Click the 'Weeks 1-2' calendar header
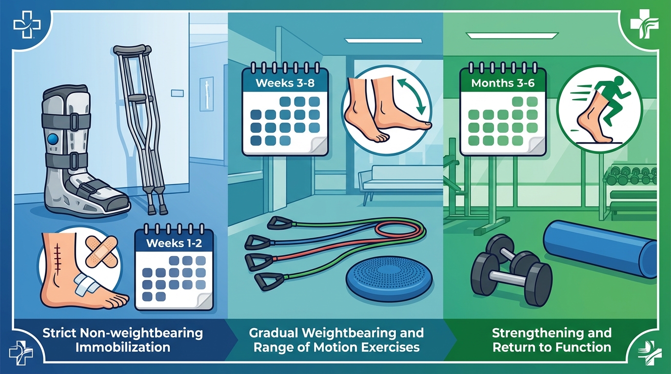click(x=174, y=243)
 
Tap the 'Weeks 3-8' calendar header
click(x=285, y=83)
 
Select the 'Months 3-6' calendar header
click(x=503, y=83)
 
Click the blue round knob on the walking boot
click(x=53, y=138)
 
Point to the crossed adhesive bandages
click(x=101, y=251)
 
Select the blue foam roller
click(x=599, y=249)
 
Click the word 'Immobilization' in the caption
click(x=123, y=347)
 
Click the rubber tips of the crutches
click(x=157, y=208)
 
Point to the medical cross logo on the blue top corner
click(x=27, y=24)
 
